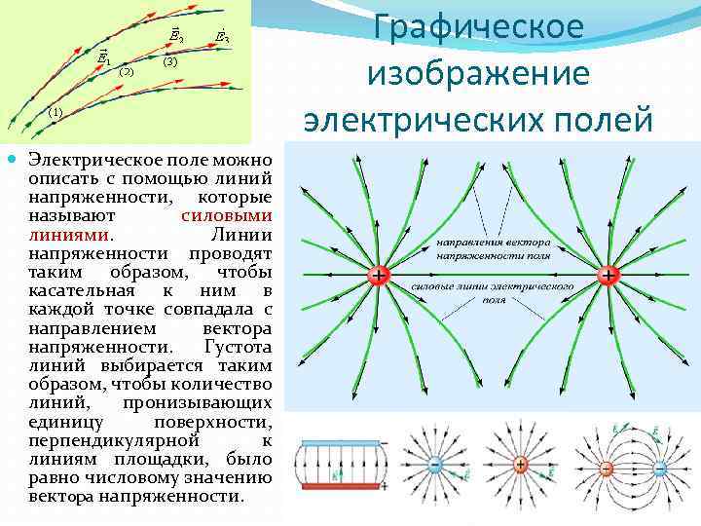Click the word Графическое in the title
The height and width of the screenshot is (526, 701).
478,26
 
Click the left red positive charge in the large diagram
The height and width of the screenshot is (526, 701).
377,277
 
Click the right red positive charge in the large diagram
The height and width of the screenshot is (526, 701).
609,277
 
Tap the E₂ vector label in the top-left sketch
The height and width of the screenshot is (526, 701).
175,37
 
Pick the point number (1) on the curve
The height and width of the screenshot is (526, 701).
55,112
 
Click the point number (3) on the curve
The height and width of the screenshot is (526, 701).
169,61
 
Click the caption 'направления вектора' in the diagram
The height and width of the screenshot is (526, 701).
493,241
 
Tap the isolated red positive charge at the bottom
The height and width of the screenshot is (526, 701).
521,466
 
